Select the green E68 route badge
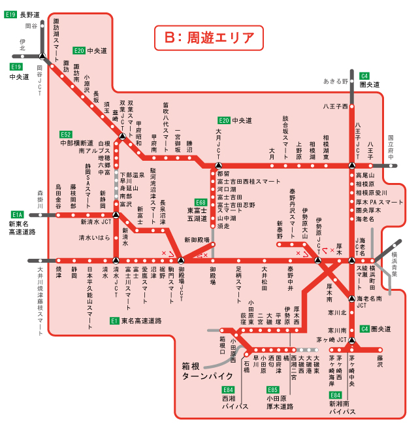[201, 203]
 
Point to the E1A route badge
[17, 214]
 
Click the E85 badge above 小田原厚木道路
[272, 389]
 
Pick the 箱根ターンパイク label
[207, 372]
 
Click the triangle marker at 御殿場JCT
[182, 260]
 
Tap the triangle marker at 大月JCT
[219, 165]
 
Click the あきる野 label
[336, 82]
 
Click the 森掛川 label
[40, 200]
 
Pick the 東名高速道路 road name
[140, 321]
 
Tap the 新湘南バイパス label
[342, 408]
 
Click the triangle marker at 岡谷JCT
[42, 56]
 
